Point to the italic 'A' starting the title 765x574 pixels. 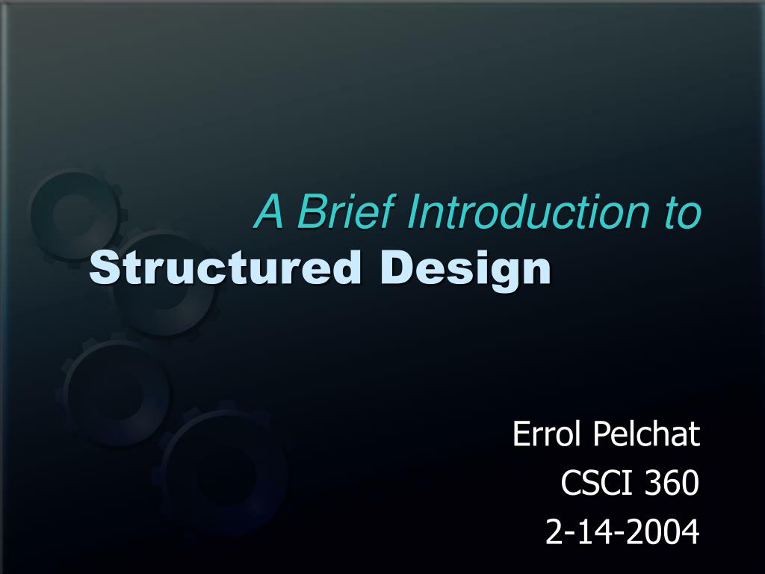pyautogui.click(x=270, y=212)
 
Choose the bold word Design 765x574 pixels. pyautogui.click(x=465, y=269)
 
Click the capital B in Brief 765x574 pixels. pyautogui.click(x=309, y=212)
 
